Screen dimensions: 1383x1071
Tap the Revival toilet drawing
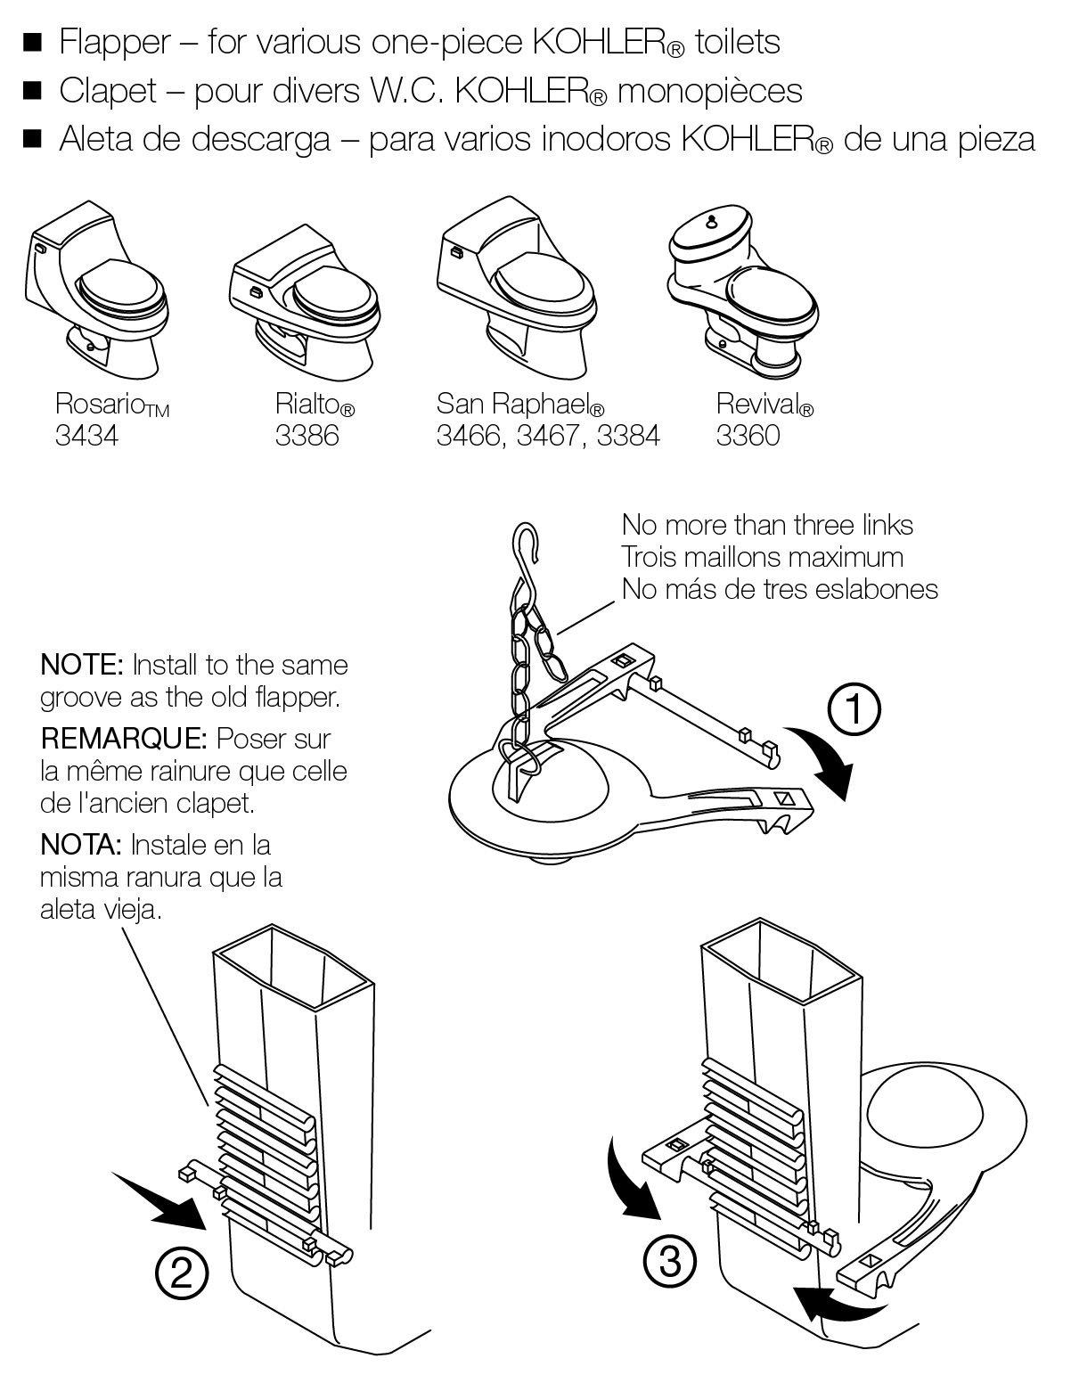click(x=742, y=285)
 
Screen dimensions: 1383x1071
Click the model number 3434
click(x=86, y=436)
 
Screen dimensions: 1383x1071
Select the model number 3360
click(x=748, y=436)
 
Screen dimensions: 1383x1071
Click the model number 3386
click(x=307, y=436)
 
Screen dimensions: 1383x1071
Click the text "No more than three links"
click(x=767, y=525)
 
